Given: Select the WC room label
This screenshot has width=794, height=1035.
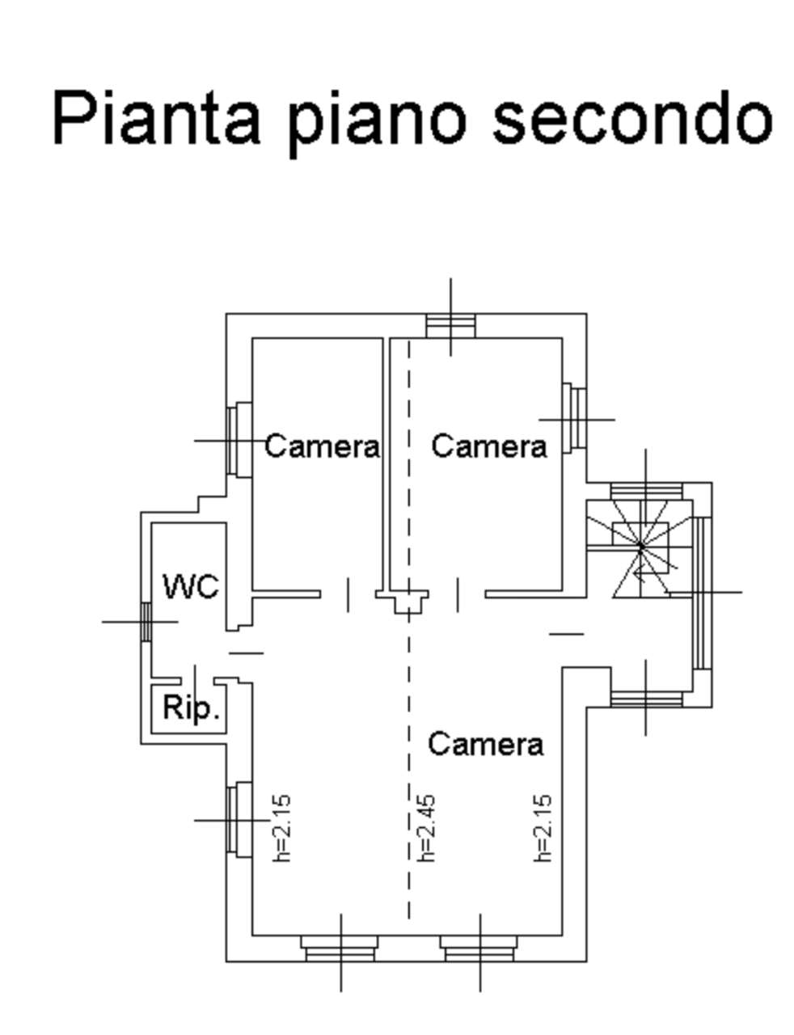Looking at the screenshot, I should click(x=190, y=586).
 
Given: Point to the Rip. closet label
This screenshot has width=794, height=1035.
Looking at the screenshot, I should click(x=191, y=708).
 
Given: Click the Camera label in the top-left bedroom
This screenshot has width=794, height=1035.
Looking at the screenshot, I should click(x=322, y=446).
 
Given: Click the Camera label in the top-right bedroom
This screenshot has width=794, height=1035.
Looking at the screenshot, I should click(x=488, y=446).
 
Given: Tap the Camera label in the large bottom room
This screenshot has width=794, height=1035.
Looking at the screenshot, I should click(x=485, y=743).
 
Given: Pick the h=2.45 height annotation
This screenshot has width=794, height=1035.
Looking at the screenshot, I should click(x=426, y=826).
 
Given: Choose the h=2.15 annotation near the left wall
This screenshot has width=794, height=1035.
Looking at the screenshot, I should click(x=281, y=826).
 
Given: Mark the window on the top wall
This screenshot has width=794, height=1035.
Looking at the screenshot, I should click(x=450, y=326).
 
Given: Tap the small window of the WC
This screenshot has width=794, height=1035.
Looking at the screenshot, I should click(x=146, y=622).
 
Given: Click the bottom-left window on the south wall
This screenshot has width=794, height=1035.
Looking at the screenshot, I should click(x=340, y=949).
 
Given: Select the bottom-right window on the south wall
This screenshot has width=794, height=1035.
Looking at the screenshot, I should click(x=479, y=949).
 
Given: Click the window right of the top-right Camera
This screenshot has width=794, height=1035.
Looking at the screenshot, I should click(x=575, y=419).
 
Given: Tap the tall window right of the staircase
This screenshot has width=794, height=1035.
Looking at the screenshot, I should click(x=701, y=593).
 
